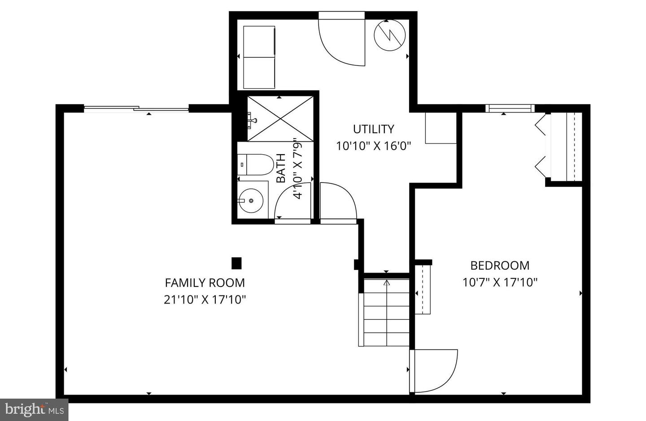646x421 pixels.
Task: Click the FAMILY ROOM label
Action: pos(205,282)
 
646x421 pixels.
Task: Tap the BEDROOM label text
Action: pos(500,265)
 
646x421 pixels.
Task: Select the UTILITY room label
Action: pos(373,129)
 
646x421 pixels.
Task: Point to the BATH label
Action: pos(281,168)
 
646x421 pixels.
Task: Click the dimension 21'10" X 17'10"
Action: pos(205,299)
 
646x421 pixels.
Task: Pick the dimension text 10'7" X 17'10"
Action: pos(500,282)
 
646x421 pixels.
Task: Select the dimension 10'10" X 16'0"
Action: pos(373,146)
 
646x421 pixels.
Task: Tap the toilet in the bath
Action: pos(256,165)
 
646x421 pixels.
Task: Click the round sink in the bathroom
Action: pos(251,200)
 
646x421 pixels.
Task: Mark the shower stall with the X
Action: pos(280,119)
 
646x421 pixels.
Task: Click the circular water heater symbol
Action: pos(389,35)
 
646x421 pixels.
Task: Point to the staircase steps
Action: pos(386,312)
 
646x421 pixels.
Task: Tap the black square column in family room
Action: pos(236,263)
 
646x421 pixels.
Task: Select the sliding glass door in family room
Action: pos(136,109)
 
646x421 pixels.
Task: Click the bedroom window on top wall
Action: pos(510,109)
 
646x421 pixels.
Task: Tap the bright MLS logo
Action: pos(34,410)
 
